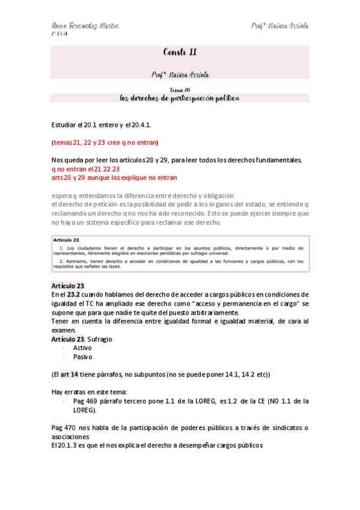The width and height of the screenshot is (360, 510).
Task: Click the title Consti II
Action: click(x=179, y=52)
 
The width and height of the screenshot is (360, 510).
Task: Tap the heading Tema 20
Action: click(x=180, y=90)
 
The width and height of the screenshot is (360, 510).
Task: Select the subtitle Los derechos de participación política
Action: click(x=180, y=97)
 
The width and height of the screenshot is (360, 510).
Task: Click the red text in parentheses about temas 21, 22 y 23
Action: click(x=105, y=143)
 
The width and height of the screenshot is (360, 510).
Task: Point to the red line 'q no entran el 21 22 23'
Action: click(x=85, y=169)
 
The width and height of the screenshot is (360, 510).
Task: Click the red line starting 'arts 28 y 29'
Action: click(x=114, y=177)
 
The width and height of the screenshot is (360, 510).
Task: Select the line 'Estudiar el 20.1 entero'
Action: click(x=102, y=124)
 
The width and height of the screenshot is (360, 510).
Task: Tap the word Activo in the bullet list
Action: click(x=82, y=348)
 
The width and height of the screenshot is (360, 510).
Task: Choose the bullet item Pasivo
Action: click(x=82, y=357)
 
